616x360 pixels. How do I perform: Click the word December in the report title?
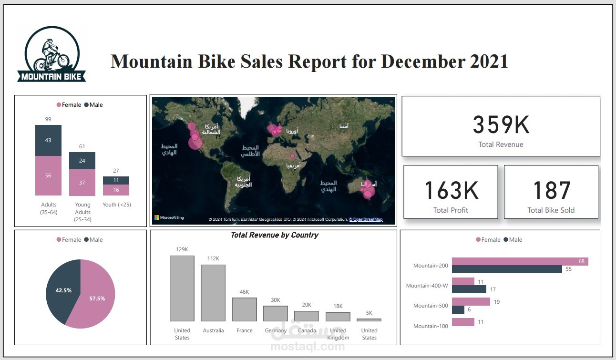click(x=423, y=62)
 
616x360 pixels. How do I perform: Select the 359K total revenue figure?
click(x=501, y=125)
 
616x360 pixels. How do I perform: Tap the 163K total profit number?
click(x=451, y=190)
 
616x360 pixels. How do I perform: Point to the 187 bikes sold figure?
click(x=551, y=190)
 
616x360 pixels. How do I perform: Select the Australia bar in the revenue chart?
click(x=213, y=293)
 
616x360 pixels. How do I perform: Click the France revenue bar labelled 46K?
click(x=244, y=309)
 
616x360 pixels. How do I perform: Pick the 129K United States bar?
click(x=182, y=288)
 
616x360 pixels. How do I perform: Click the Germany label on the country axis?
click(x=276, y=330)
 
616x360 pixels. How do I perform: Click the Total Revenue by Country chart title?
click(x=274, y=235)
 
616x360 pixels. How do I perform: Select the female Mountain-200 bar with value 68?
click(x=520, y=261)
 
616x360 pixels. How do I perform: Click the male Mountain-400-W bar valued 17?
click(x=469, y=289)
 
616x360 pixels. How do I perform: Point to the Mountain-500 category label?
click(x=430, y=306)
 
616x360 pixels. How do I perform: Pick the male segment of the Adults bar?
click(x=48, y=140)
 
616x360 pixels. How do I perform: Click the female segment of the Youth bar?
click(x=116, y=190)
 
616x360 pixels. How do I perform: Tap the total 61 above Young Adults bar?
click(x=82, y=146)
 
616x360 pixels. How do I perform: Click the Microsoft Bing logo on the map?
click(x=169, y=217)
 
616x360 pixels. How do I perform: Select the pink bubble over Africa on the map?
click(x=293, y=156)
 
